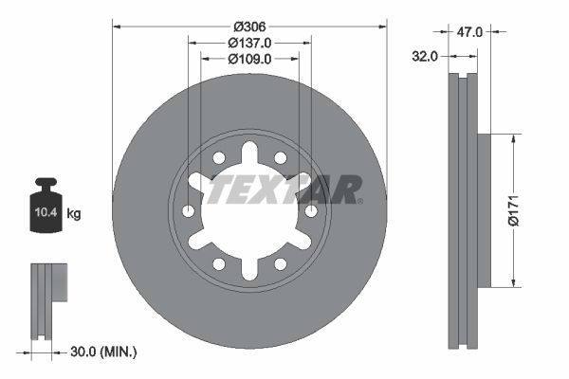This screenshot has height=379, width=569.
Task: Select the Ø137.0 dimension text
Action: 249,42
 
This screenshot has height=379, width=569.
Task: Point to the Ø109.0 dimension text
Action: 249,59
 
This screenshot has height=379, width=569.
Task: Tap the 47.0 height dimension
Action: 470,31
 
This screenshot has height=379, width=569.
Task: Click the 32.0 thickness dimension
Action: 425,56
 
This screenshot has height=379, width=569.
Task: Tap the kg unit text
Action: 74,214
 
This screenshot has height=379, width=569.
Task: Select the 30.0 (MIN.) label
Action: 104,352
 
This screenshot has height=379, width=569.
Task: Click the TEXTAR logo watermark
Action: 284,189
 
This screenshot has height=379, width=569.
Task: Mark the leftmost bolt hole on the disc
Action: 188,210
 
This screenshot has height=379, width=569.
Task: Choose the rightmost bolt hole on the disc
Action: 311,210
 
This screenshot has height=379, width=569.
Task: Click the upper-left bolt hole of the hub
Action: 219,157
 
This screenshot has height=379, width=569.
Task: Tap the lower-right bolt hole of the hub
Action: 281,263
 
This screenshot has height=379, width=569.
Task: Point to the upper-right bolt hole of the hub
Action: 281,157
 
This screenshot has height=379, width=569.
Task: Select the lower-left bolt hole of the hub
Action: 219,263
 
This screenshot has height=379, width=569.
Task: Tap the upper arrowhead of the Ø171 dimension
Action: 513,138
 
